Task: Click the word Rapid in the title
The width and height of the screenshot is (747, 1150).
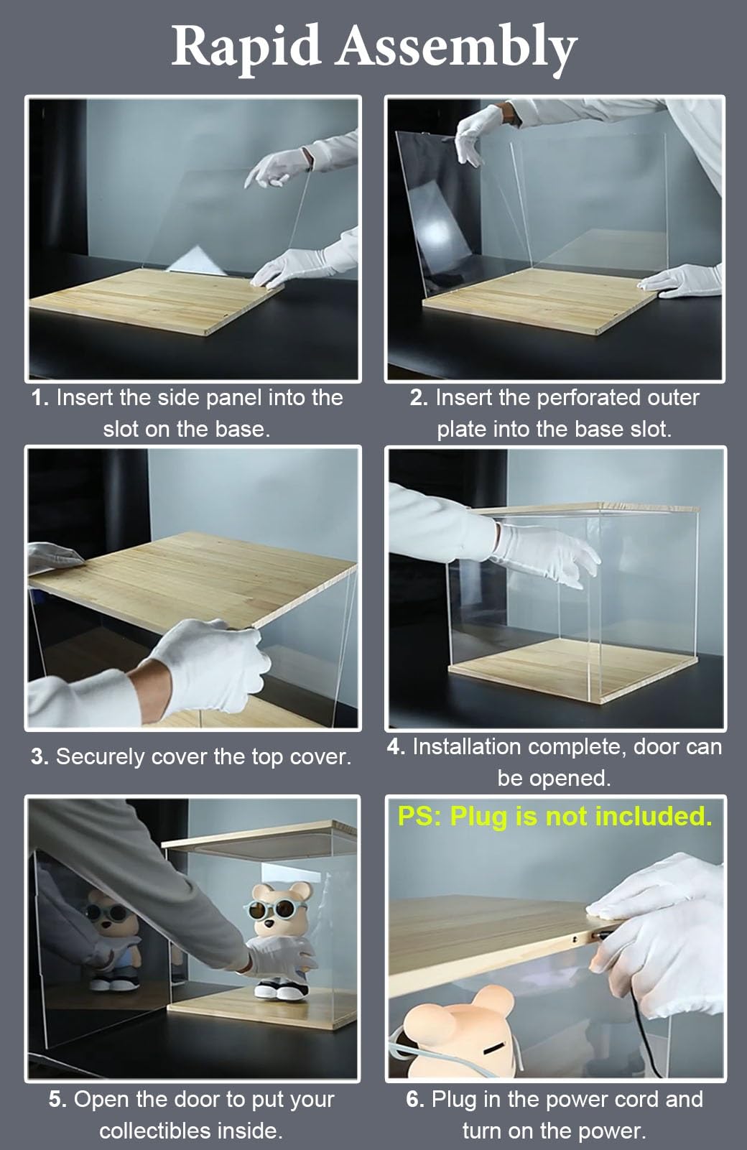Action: coord(246,47)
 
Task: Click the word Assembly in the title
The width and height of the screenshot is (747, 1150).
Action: coord(456,50)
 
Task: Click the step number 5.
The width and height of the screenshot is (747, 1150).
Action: coord(57,1099)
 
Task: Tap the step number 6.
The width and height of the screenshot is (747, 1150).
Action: coord(415,1099)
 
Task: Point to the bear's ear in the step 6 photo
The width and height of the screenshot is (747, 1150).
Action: coord(491,1001)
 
